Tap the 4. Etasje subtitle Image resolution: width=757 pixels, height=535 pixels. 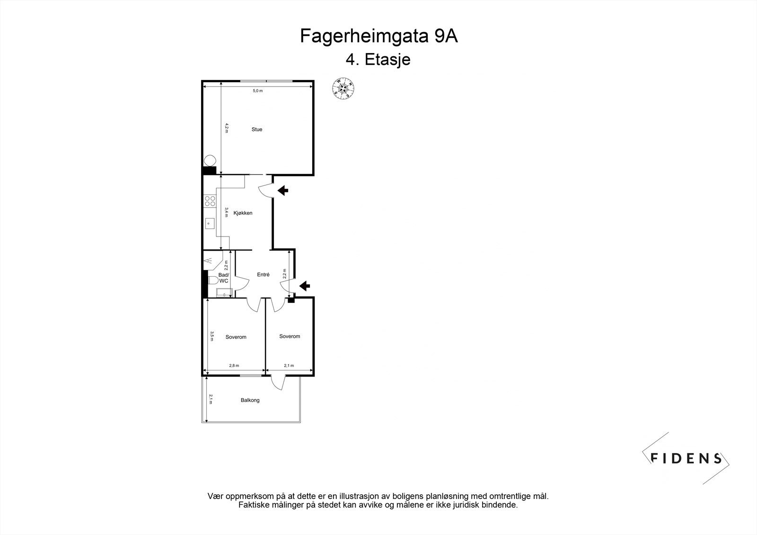pos(378,60)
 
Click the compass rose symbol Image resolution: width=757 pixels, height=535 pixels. pos(344,88)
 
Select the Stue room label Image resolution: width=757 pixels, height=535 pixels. pos(257,130)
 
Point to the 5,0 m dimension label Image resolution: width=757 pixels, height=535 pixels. pos(257,91)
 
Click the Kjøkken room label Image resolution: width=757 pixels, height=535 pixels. pos(243,213)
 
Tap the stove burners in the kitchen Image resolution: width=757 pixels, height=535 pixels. pos(209,201)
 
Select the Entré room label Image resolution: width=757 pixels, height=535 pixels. pos(263,274)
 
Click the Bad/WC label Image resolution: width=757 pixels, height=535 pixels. pos(223,278)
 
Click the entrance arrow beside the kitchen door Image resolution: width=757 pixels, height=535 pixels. pos(283,191)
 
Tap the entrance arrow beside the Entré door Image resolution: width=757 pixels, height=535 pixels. pos(305,285)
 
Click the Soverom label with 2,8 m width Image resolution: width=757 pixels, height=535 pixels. pos(236,337)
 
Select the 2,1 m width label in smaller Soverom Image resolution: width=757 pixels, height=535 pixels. pos(289,366)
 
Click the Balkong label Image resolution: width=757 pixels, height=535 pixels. pos(250,400)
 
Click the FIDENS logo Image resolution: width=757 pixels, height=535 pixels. pos(686,458)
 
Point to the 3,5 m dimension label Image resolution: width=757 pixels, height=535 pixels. pos(212,335)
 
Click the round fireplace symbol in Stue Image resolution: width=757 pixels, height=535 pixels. pos(210,160)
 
